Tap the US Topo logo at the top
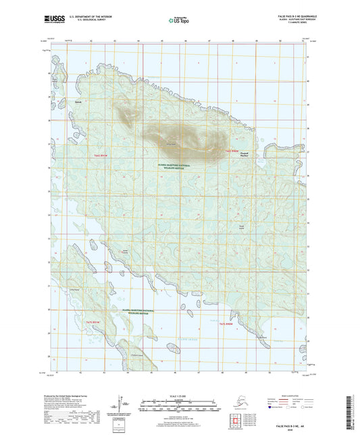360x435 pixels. [178, 20]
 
